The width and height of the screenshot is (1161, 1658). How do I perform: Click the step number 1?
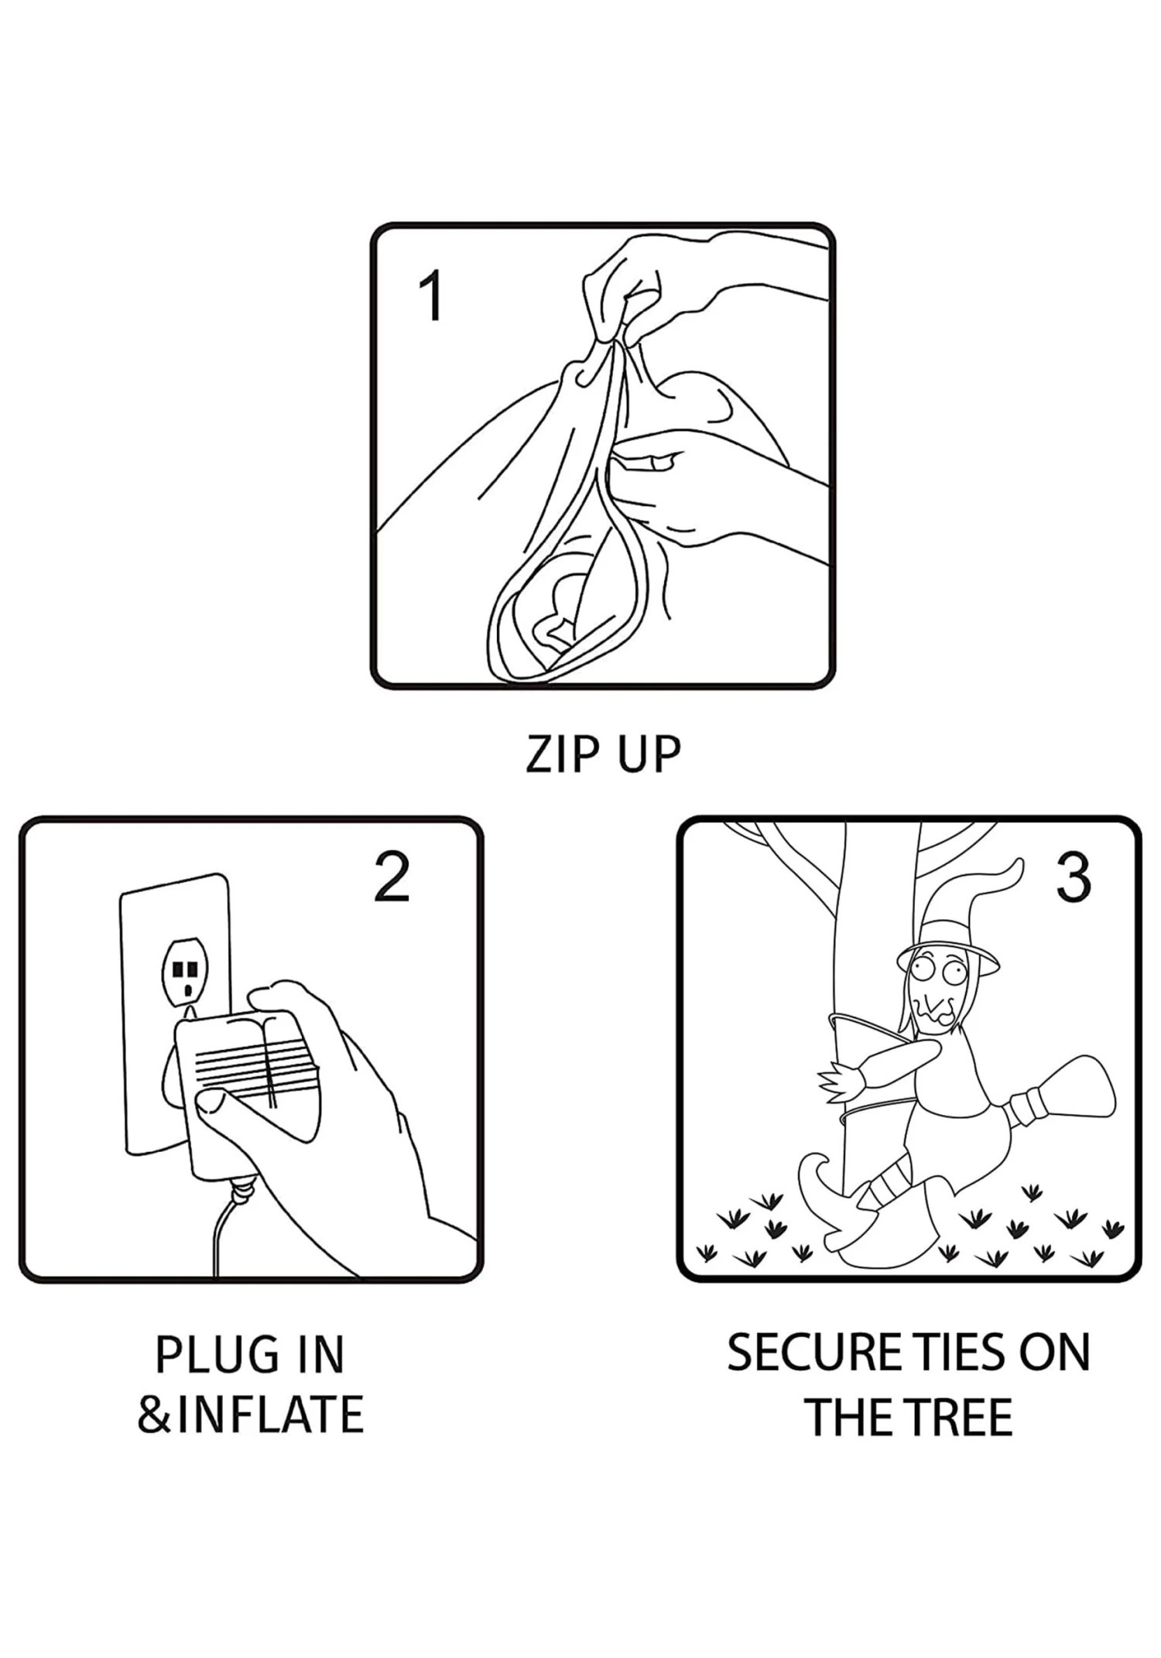coord(431,295)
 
